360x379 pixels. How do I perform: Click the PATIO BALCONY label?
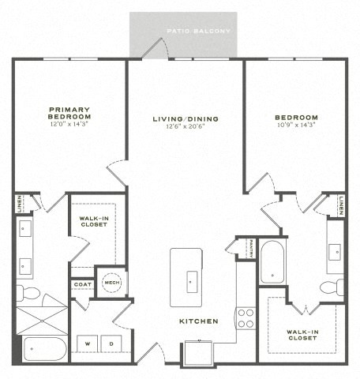[x=199, y=32]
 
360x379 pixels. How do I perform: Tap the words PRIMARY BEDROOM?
[x=69, y=113]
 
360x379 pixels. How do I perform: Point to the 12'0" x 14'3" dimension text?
[x=69, y=124]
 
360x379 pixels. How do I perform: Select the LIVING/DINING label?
[x=186, y=119]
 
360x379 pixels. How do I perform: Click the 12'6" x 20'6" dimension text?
[x=186, y=127]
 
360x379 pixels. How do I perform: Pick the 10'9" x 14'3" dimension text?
[x=296, y=124]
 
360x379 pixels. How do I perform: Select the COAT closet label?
[x=82, y=284]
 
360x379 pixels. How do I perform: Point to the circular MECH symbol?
[x=111, y=282]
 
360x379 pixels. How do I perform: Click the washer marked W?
[x=86, y=344]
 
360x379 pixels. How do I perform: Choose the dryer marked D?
[x=111, y=344]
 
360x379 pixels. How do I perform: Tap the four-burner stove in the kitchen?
[x=246, y=317]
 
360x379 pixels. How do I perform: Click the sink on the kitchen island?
[x=192, y=280]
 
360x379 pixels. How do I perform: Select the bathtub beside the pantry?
[x=272, y=261]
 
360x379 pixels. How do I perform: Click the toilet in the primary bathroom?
[x=28, y=294]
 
